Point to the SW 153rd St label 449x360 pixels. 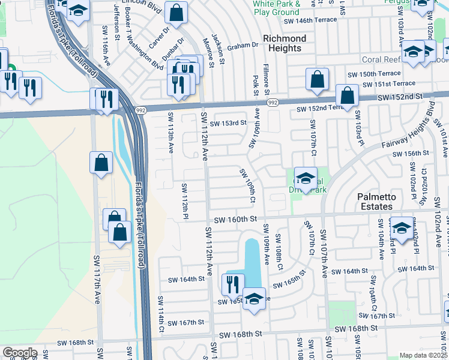pos(228,122)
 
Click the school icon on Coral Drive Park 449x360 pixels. pos(306,178)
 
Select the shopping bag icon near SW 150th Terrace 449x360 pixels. pos(317,79)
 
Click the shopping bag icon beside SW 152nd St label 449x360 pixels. pos(347,95)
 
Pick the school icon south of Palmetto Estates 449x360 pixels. pos(402,228)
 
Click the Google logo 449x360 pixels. pos(20,353)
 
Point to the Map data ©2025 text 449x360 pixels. pos(423,355)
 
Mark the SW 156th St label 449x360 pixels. pos(411,154)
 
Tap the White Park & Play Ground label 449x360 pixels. pos(276,8)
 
